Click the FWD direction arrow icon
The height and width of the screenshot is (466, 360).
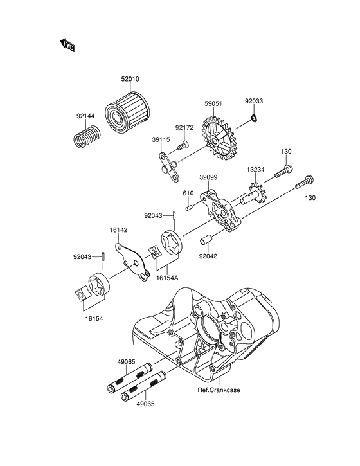67,45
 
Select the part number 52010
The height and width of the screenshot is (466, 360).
130,80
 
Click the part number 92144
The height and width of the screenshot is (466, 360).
86,116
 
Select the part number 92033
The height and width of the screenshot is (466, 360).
254,101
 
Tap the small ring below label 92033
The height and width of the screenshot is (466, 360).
255,118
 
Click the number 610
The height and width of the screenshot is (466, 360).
188,192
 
